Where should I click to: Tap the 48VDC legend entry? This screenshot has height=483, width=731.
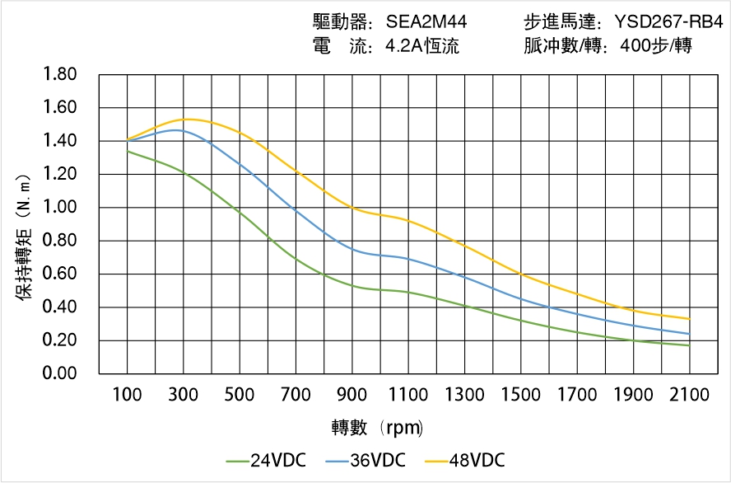tap(465, 460)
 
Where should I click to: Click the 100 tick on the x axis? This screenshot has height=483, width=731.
tap(127, 395)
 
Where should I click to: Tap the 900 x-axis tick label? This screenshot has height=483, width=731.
tap(352, 395)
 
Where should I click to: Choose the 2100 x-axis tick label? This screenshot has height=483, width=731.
tap(689, 395)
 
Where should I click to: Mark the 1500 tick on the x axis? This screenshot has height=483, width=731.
tap(520, 395)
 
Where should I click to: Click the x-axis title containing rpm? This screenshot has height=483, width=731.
tap(378, 428)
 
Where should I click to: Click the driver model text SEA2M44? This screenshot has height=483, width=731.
tap(426, 22)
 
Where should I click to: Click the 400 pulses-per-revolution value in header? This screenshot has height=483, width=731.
tap(630, 46)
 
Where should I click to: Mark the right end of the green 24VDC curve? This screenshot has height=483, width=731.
tap(689, 345)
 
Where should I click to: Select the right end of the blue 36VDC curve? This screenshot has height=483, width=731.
tap(689, 334)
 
